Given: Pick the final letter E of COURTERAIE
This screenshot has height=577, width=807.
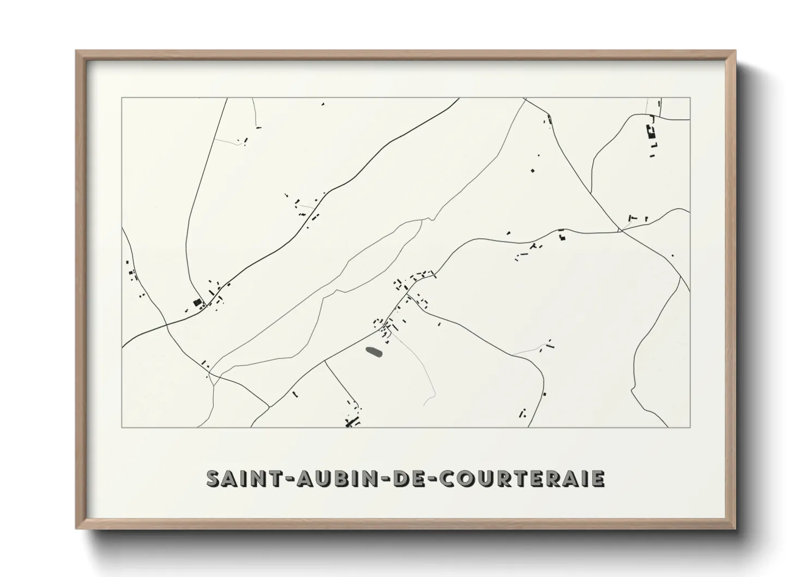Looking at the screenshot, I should point(598,478).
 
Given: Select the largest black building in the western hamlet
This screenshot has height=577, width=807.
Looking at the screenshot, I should point(197,302).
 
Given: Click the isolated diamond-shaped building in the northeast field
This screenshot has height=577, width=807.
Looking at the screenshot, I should point(533,171).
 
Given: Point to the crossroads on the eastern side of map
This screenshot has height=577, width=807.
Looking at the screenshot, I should point(621,231).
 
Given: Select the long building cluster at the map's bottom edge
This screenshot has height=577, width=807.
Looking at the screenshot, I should point(352,421).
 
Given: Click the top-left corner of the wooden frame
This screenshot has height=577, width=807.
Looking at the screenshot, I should point(76,51).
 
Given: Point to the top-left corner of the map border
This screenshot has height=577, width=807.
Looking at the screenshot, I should point(122,98).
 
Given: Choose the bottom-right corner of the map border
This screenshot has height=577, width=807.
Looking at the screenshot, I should point(690,427).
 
